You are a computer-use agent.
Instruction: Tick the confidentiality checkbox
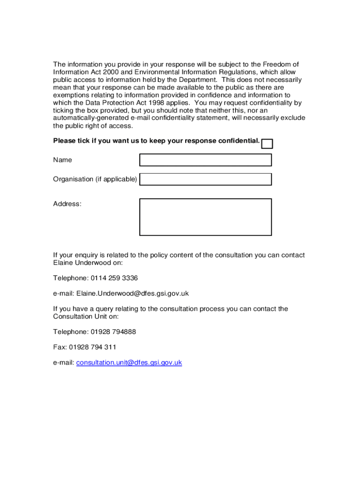pyautogui.click(x=267, y=144)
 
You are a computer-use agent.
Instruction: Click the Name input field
pyautogui.click(x=205, y=160)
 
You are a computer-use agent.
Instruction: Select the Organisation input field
pyautogui.click(x=205, y=179)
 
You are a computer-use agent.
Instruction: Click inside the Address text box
pyautogui.click(x=205, y=217)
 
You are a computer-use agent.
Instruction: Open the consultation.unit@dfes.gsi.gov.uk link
pyautogui.click(x=129, y=363)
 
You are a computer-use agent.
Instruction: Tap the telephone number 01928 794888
pyautogui.click(x=115, y=332)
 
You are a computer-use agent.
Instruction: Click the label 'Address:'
pyautogui.click(x=67, y=204)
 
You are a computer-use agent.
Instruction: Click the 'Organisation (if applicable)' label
pyautogui.click(x=95, y=179)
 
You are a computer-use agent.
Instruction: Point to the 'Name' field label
pyautogui.click(x=63, y=160)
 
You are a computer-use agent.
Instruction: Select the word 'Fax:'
pyautogui.click(x=60, y=347)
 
